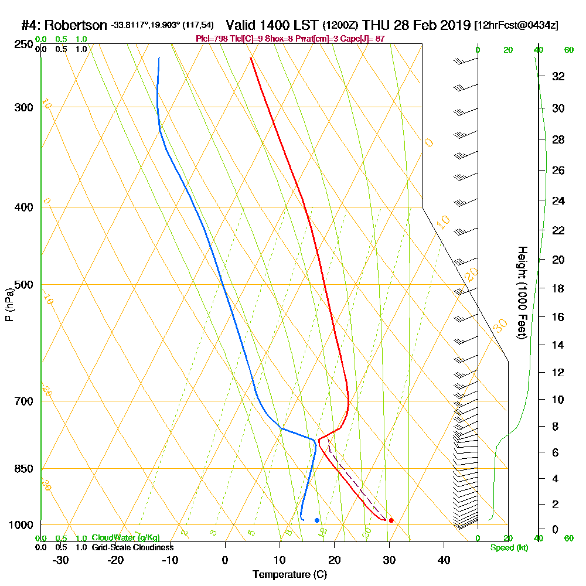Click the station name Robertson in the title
[x=76, y=25]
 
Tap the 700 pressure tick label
[x=22, y=401]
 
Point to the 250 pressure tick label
[x=22, y=44]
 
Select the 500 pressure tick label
[x=22, y=285]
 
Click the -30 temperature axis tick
[x=61, y=560]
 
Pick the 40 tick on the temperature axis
[x=444, y=560]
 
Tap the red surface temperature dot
[x=391, y=520]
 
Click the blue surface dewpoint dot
[x=317, y=520]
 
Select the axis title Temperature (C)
[x=289, y=574]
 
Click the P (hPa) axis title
[x=9, y=305]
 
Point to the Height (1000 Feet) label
[x=521, y=292]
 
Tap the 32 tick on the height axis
[x=558, y=76]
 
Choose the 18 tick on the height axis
[x=558, y=288]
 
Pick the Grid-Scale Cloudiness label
[x=132, y=547]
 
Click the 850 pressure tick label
[x=22, y=469]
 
